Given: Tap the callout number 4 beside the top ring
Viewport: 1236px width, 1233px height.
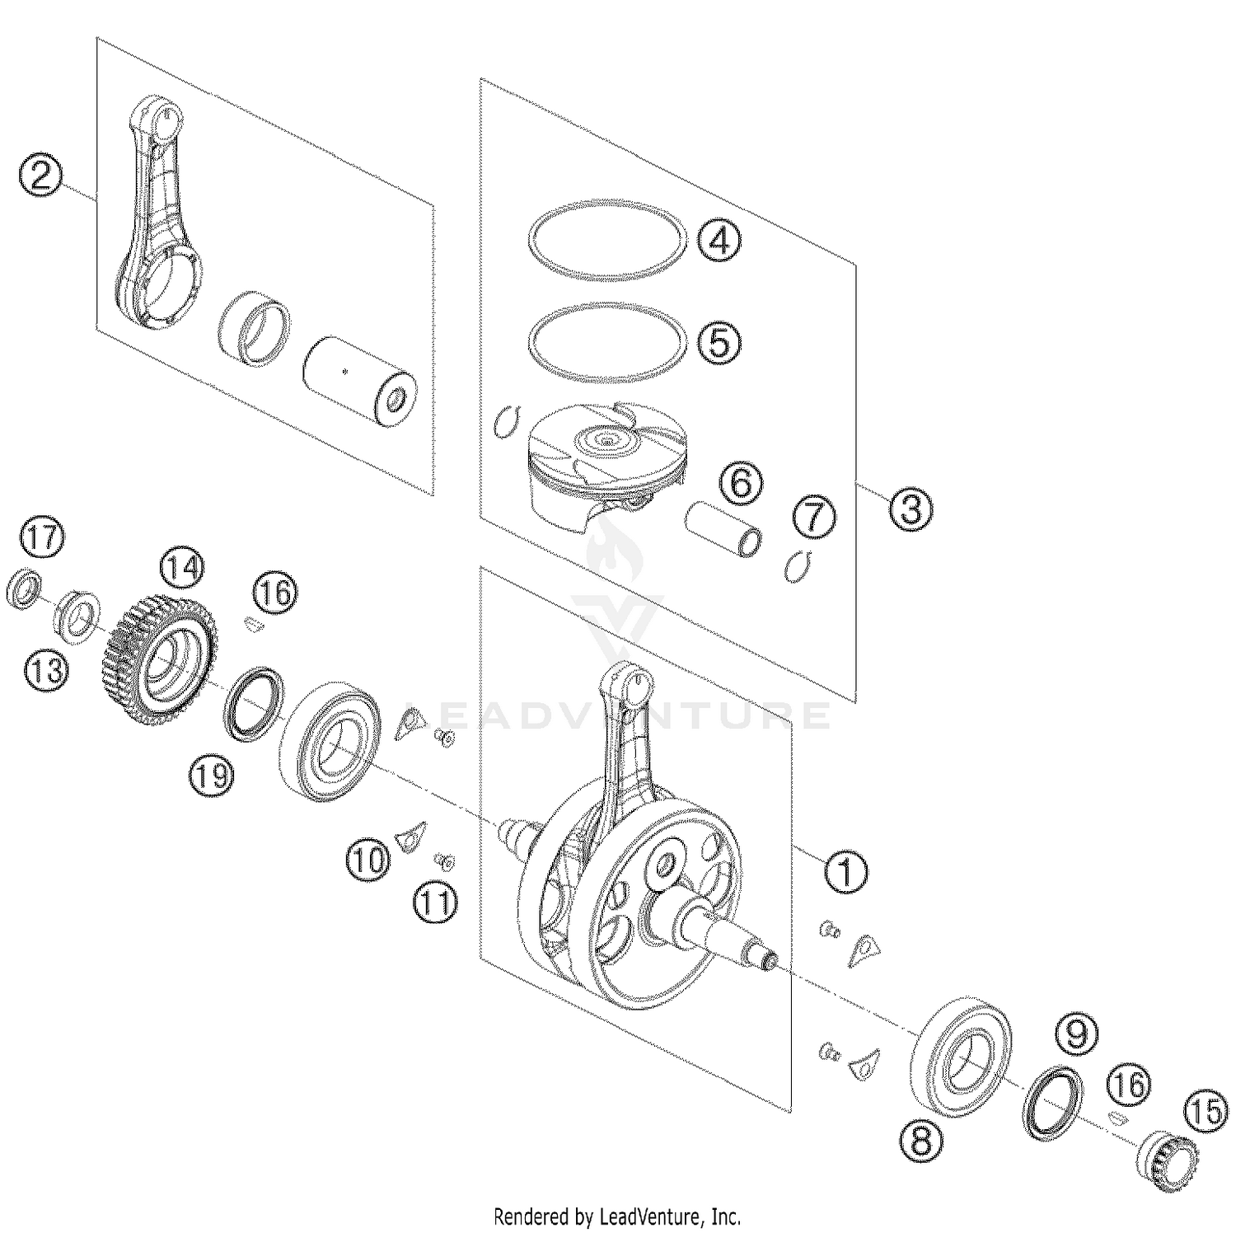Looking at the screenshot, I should tap(719, 241).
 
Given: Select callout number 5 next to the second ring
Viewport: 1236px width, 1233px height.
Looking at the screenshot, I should tap(719, 342).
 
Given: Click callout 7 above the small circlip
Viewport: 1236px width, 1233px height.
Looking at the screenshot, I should tap(814, 518).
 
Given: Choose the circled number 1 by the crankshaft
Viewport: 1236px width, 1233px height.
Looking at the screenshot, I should tap(846, 870).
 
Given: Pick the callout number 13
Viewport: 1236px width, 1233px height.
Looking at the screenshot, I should tap(47, 669).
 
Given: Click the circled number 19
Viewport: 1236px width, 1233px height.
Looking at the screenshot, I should tap(212, 776).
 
